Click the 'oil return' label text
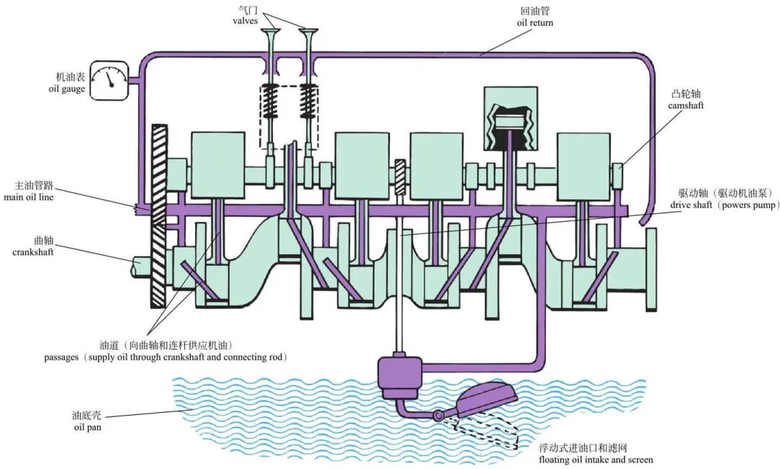tap(535, 22)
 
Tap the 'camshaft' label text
tap(686, 106)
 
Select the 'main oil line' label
tap(28, 197)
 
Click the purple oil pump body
tap(399, 377)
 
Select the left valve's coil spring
tap(269, 102)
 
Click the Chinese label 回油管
tap(535, 11)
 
